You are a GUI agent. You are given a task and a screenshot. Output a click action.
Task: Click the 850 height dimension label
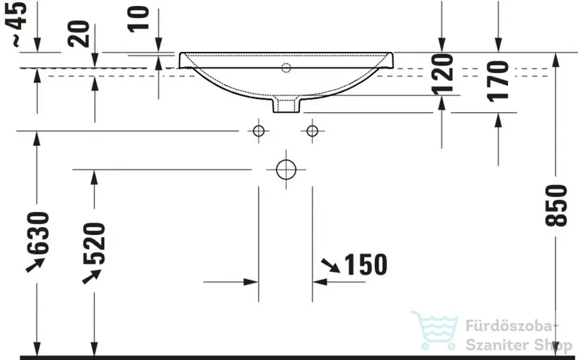(x=556, y=205)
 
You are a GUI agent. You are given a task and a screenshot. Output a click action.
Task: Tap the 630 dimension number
(x=38, y=233)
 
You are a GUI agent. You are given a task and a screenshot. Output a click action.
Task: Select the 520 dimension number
(x=95, y=244)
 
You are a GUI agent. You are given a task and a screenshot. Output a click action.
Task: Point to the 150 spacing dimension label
(x=366, y=265)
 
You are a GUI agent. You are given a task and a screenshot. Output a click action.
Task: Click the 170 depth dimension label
(x=498, y=81)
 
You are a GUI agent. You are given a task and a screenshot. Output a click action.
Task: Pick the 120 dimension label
(x=442, y=74)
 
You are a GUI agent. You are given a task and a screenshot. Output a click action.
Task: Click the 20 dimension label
(x=79, y=34)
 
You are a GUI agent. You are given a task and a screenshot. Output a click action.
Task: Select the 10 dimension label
(x=139, y=20)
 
